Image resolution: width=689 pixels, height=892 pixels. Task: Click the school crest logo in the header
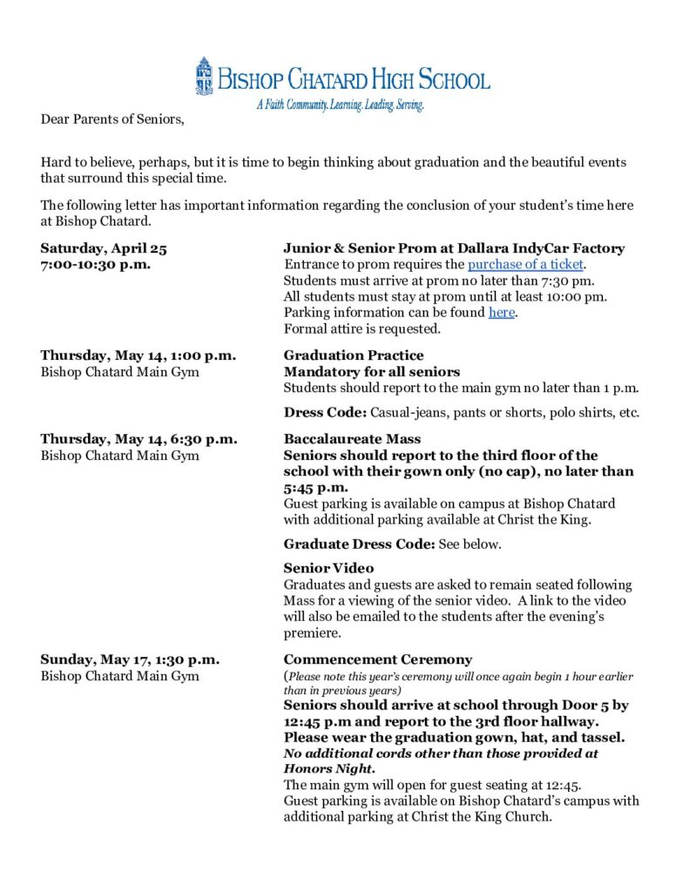204,76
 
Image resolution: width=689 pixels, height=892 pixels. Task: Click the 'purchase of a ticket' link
525,265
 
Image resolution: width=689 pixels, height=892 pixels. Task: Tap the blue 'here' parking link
501,313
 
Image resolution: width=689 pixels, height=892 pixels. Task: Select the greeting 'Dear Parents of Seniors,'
112,118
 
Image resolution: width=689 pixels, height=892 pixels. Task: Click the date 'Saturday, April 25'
104,248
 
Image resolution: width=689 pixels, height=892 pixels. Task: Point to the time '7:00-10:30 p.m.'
96,265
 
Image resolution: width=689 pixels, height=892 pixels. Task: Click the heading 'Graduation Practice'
354,355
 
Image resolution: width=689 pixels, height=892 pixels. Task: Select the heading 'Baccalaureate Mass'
352,439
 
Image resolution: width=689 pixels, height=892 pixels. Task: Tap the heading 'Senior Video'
328,568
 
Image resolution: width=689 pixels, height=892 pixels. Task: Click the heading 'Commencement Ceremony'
377,659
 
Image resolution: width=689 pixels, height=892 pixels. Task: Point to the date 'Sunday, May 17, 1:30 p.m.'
130,659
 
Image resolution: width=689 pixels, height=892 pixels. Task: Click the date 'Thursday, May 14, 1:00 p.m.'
138,355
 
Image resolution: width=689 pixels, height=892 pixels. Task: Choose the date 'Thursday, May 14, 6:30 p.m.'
138,439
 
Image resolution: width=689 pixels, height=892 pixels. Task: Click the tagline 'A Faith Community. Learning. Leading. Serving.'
339,105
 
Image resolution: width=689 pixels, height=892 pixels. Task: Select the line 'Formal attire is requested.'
362,329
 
